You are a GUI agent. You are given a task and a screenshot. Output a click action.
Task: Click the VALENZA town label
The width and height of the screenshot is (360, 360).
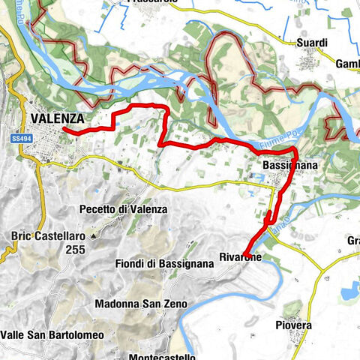[x=57, y=118]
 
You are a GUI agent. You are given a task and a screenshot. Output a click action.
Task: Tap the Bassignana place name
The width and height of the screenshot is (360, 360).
[x=283, y=163]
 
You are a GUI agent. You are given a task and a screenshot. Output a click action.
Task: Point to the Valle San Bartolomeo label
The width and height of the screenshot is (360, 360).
[x=49, y=334]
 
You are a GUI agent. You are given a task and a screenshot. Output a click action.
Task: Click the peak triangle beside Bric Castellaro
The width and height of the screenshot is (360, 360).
[x=92, y=236]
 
